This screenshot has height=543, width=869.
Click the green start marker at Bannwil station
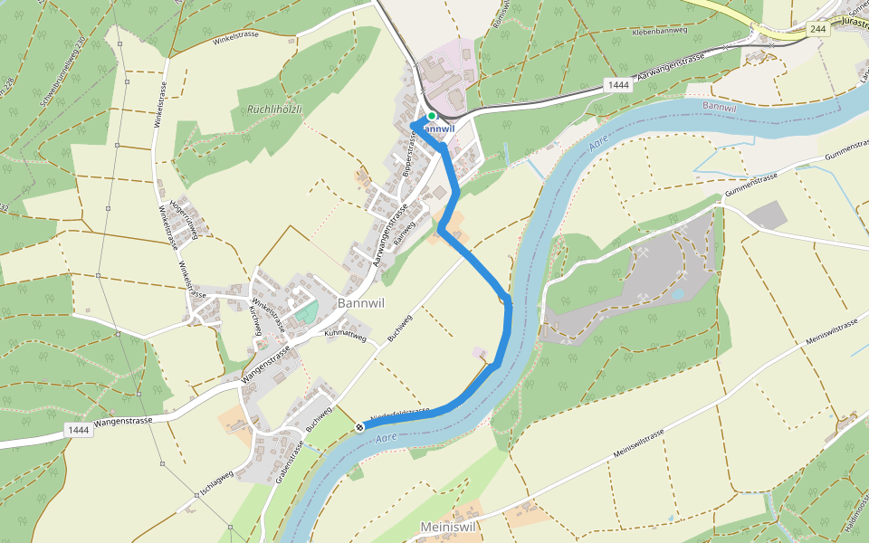[432, 116]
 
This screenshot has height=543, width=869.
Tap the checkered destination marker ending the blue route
[360, 427]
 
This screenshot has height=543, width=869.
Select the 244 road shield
[818, 30]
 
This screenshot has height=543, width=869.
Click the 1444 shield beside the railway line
[618, 85]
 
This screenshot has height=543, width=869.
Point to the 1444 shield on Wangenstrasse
[78, 431]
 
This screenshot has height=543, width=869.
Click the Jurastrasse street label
[855, 20]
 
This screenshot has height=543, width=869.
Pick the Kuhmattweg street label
[345, 335]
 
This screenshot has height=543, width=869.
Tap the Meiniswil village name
[448, 527]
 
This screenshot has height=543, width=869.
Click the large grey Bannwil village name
[361, 303]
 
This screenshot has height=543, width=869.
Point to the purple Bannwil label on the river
[720, 107]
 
